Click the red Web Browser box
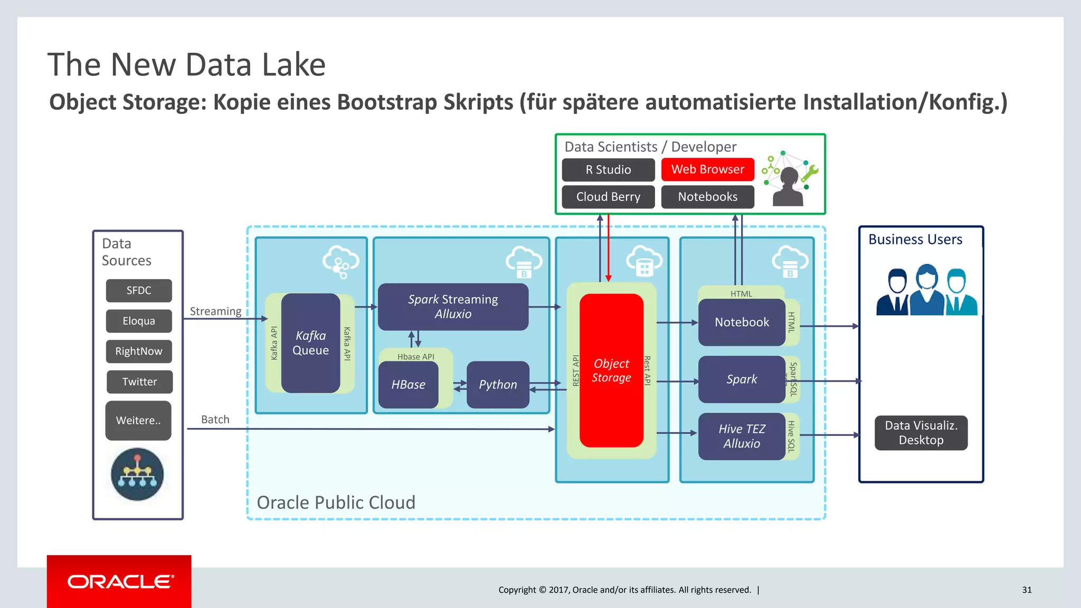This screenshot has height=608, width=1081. pos(707,169)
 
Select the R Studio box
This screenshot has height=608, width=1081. pos(608,170)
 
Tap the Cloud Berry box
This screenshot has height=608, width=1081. pos(608,197)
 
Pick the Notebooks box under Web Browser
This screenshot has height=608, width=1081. pos(707,197)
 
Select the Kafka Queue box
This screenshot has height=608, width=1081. pos(310,343)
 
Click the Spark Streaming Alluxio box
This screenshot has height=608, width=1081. pos(453,307)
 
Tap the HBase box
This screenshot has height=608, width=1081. pos(408,385)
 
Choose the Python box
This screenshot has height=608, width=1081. pos(498,385)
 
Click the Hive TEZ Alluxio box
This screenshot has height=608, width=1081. pos(742,436)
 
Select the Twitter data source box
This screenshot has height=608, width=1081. pos(139,382)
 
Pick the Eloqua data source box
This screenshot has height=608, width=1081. pos(139,321)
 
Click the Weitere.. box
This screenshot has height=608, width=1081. pos(138,421)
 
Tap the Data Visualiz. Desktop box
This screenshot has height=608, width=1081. pos(921,433)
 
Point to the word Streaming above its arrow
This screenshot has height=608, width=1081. pos(215,311)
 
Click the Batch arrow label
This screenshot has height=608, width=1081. pos(215,420)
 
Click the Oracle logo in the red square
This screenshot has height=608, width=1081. pos(119,582)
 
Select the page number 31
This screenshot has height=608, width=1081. pos(1027,590)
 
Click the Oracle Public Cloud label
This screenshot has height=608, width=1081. pos(336,502)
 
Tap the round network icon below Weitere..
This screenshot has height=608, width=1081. pos(137,474)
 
